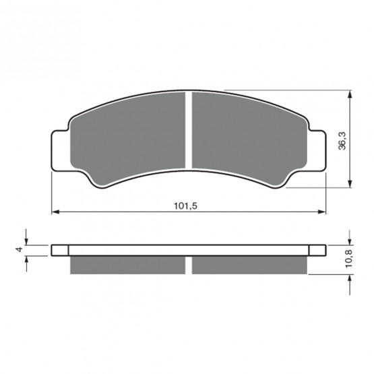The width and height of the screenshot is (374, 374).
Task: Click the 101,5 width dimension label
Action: (x=185, y=206)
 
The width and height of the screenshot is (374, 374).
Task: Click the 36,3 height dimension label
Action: (x=342, y=142)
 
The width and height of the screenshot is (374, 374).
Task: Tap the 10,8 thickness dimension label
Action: (x=348, y=259)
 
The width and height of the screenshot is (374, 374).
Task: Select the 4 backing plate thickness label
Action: (x=19, y=249)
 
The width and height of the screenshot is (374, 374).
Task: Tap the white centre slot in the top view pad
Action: (x=189, y=130)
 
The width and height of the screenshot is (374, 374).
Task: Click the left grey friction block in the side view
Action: (x=127, y=265)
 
